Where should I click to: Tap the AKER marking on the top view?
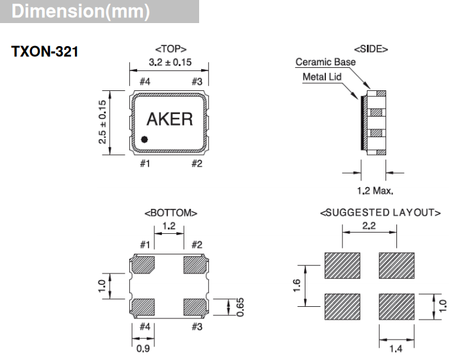(x=170, y=119)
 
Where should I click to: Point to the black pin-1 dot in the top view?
(x=145, y=138)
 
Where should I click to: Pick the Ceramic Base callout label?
(x=325, y=63)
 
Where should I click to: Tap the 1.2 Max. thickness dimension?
(x=375, y=190)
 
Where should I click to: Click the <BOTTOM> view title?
(x=170, y=213)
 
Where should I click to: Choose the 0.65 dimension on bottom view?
(x=240, y=307)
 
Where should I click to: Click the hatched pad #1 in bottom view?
(x=145, y=264)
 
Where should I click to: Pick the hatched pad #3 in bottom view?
(x=196, y=307)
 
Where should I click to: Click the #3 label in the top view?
(x=197, y=81)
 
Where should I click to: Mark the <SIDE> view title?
(x=371, y=49)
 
